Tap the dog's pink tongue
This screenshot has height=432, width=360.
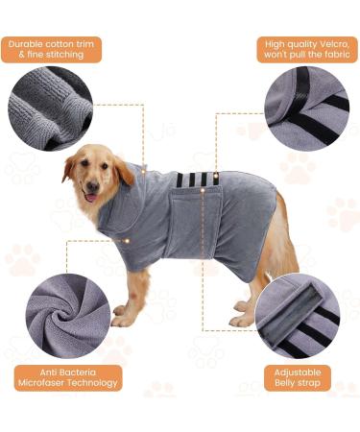pos(90,197)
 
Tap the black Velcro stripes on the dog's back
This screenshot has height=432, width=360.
pos(192,180)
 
